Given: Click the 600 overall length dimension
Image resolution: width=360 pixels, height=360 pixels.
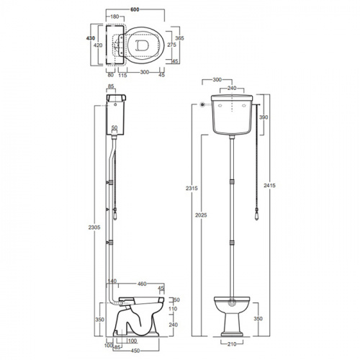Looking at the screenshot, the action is pyautogui.click(x=135, y=9).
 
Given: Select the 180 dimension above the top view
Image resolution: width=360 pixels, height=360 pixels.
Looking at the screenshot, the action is pyautogui.click(x=114, y=17).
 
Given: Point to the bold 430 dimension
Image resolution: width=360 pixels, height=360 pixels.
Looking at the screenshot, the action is pyautogui.click(x=91, y=38).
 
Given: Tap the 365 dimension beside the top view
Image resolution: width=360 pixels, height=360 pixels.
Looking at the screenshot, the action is pyautogui.click(x=179, y=38).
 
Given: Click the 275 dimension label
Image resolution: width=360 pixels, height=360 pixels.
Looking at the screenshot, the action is pyautogui.click(x=172, y=45).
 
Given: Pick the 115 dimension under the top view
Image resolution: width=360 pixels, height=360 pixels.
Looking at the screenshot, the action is pyautogui.click(x=122, y=75).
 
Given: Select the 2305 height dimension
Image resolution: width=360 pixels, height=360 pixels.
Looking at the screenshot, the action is pyautogui.click(x=94, y=227).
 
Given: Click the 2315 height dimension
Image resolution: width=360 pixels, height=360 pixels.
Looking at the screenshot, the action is pyautogui.click(x=192, y=188).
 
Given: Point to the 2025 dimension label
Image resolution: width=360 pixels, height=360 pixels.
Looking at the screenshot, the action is pyautogui.click(x=201, y=215).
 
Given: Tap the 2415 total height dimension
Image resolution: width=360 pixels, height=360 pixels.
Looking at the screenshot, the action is pyautogui.click(x=269, y=185).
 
